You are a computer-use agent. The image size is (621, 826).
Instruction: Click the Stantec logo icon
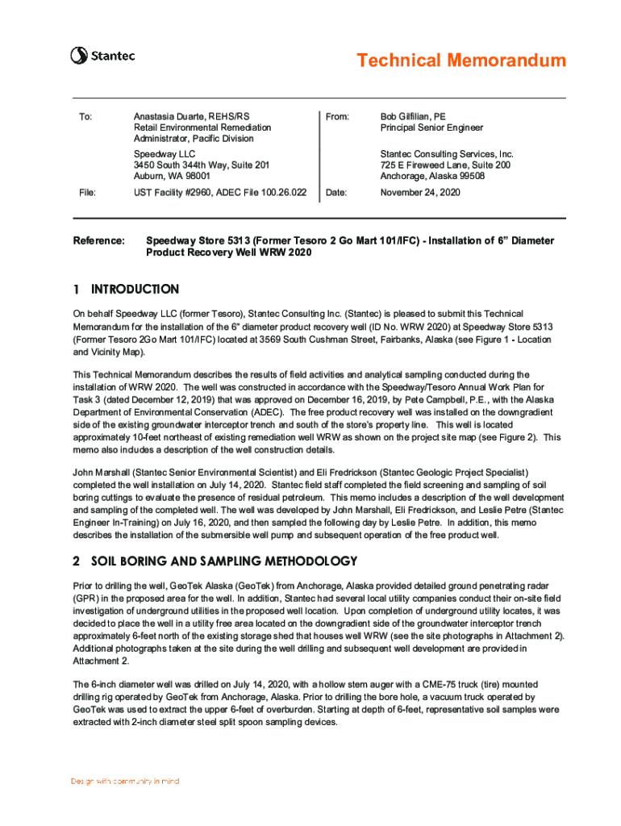pos(78,56)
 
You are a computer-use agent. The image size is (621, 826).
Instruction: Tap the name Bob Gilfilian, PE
pos(418,117)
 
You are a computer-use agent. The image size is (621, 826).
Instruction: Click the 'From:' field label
pos(337,117)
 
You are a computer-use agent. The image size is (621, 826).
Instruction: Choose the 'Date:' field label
pos(337,193)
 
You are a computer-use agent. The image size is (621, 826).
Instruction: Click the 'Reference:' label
pos(99,241)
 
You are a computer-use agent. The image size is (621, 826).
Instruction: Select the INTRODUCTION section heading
pos(135,289)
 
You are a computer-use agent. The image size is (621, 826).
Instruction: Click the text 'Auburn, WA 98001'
pos(173,175)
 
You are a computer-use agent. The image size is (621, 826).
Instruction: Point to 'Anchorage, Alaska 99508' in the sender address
pos(433,175)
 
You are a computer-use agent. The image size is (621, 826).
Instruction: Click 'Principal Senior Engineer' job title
pos(431,127)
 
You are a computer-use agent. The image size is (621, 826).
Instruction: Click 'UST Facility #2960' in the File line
pos(174,193)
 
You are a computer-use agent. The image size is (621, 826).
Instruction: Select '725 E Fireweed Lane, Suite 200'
pos(444,165)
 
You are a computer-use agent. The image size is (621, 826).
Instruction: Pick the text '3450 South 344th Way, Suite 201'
pos(201,165)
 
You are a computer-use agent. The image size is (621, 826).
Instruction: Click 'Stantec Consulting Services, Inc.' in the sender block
pos(447,153)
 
